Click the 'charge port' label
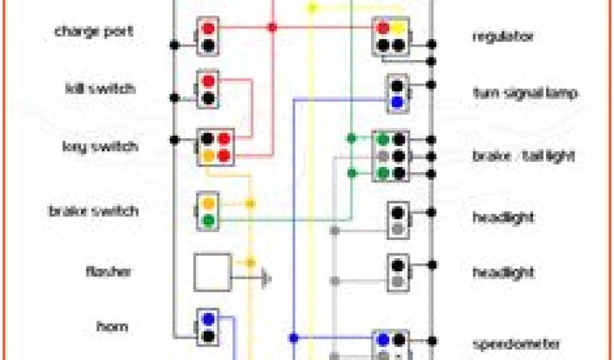(94, 31)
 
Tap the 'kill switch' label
(100, 89)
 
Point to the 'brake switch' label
(93, 211)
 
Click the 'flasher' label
(108, 271)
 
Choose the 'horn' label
(112, 327)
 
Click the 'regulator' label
(502, 37)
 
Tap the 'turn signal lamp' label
(525, 93)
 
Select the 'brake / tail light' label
(523, 156)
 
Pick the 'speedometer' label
(517, 344)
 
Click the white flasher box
(212, 272)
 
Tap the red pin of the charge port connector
(208, 28)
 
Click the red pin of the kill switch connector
(208, 81)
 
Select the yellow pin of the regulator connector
(398, 28)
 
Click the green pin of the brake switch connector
(208, 220)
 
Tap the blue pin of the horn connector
(208, 318)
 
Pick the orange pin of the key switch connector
(207, 156)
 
